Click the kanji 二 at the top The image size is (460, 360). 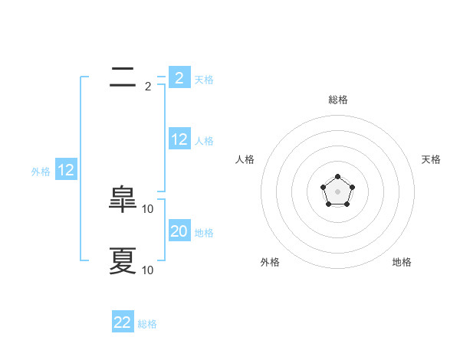(x=123, y=77)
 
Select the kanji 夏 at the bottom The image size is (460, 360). (x=123, y=260)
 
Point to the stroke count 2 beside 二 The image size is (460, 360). (x=148, y=87)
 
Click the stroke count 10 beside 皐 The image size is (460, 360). (x=148, y=209)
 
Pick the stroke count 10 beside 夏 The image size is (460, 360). (x=148, y=270)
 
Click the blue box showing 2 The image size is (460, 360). (x=179, y=77)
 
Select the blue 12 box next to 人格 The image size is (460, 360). (x=179, y=139)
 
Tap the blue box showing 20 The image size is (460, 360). (x=179, y=231)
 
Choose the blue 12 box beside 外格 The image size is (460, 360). (x=65, y=170)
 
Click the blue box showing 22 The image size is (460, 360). (x=123, y=322)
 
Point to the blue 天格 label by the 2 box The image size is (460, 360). (x=204, y=79)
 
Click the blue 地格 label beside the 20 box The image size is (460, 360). (x=204, y=232)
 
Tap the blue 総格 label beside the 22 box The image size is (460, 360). (x=147, y=324)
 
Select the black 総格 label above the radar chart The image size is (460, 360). (x=337, y=100)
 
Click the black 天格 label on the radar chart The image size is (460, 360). (x=431, y=159)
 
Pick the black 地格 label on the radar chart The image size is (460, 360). (x=402, y=262)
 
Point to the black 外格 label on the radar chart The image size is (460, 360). (x=270, y=262)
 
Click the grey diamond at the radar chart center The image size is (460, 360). (x=337, y=191)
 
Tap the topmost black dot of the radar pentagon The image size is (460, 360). (x=337, y=177)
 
